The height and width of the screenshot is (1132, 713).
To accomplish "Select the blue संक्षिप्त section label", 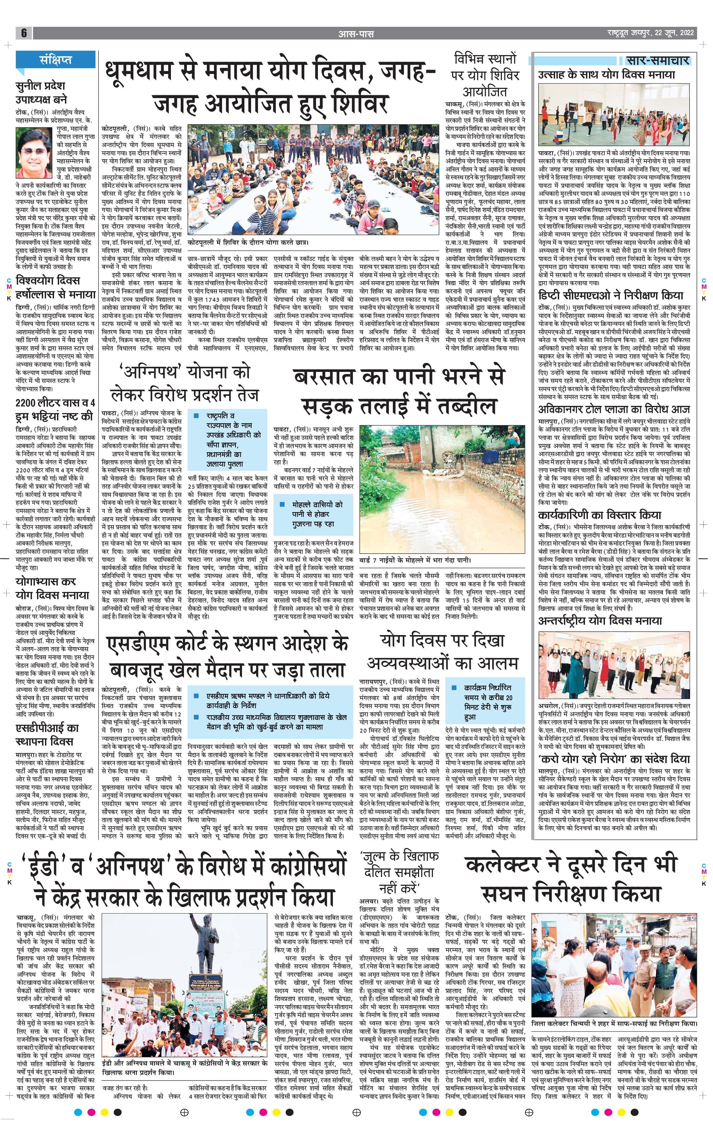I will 55,60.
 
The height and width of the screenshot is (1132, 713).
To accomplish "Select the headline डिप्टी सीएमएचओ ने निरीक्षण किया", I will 610,295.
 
